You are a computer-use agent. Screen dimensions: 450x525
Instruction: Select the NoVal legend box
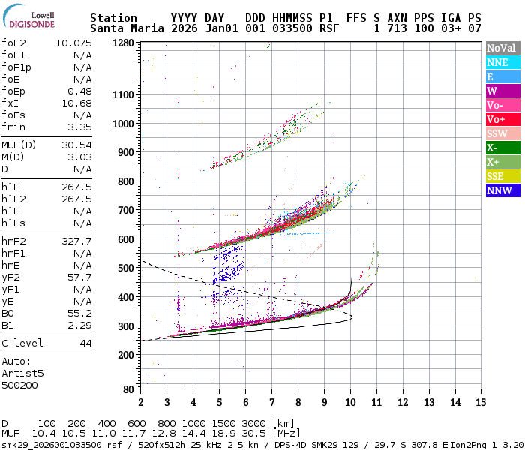tap(500, 48)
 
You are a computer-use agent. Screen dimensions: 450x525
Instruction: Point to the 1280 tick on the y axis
tap(123, 43)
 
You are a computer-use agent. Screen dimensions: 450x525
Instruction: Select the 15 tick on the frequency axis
tap(481, 402)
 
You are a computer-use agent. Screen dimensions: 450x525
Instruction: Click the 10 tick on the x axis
tap(349, 402)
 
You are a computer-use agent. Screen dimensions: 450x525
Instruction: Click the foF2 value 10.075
tap(73, 43)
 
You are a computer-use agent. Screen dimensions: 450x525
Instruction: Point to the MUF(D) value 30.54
tap(76, 145)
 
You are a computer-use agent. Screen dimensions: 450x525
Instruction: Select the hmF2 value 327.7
tap(76, 241)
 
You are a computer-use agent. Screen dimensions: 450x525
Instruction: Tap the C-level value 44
tap(85, 343)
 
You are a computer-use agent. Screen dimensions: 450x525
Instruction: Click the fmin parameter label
tap(13, 127)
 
